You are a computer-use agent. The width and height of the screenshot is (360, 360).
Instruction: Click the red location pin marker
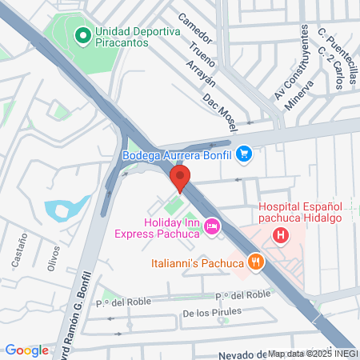click(181, 178)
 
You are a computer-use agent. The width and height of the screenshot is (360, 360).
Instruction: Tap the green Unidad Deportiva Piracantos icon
click(81, 36)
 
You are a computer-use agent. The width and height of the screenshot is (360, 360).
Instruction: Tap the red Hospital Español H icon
click(281, 235)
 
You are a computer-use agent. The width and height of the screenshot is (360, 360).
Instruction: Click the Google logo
click(26, 350)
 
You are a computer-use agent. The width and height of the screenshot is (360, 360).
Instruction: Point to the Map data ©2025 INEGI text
click(312, 354)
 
